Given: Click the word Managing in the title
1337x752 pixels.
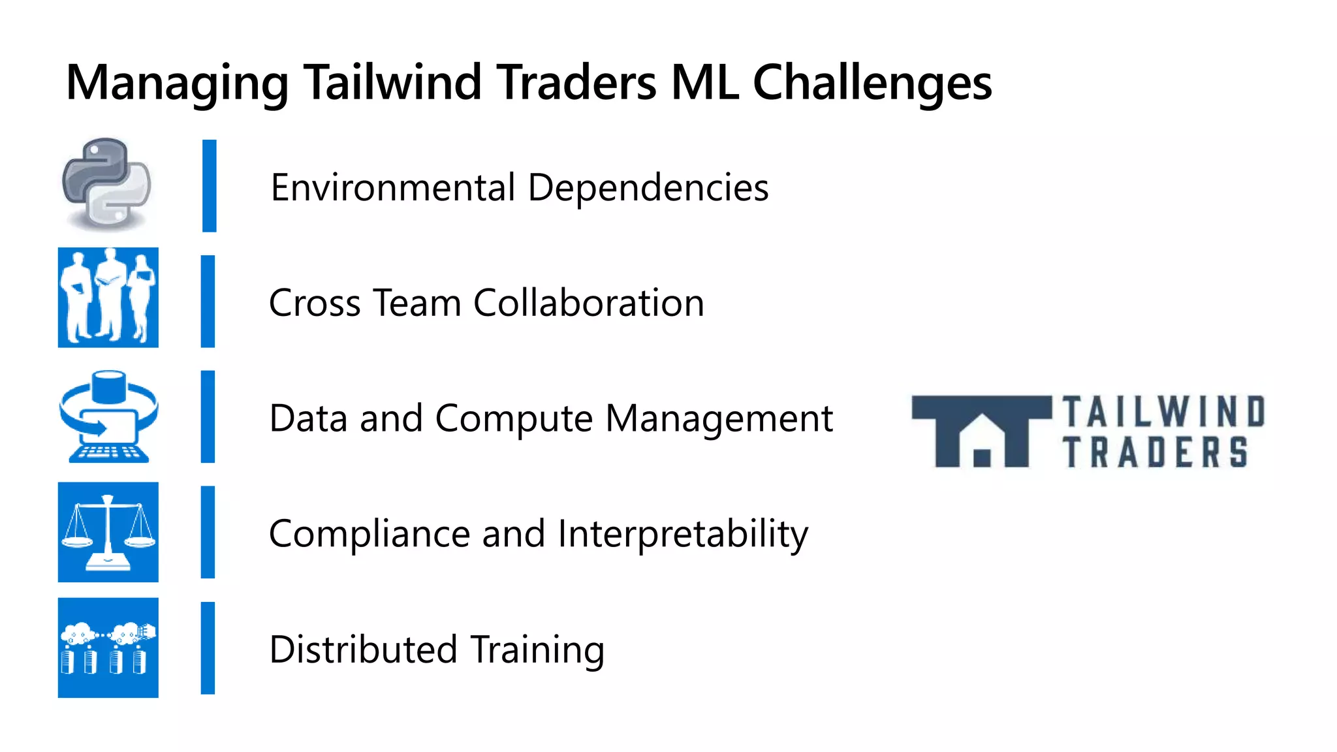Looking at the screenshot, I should click(177, 83).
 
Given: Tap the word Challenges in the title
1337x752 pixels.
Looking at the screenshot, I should click(872, 83).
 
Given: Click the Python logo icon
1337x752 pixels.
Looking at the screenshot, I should click(107, 184).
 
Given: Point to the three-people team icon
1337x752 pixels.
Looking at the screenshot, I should click(108, 298).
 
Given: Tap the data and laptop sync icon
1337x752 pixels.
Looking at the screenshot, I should click(108, 416).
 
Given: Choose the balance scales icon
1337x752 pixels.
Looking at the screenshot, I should click(108, 532).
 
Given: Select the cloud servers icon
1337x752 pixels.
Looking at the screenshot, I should click(108, 648).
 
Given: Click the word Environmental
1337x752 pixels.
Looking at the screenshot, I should click(393, 187).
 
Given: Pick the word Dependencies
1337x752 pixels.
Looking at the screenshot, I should click(648, 187).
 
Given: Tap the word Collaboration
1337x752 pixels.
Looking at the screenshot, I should click(589, 303).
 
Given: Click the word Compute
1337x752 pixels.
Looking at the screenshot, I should click(514, 418).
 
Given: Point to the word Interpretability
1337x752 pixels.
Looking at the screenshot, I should click(683, 534).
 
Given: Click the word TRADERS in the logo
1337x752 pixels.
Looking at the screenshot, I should click(1156, 452).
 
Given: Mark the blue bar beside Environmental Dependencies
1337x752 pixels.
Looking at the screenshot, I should click(209, 186).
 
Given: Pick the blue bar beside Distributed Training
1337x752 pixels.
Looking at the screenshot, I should click(208, 648).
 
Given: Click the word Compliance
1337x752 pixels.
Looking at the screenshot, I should click(370, 534).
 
